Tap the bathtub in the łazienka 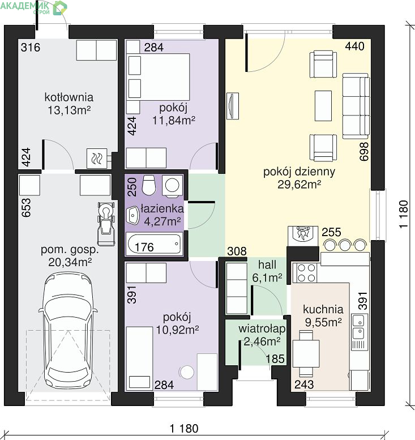[154, 244]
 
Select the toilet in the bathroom [149, 185]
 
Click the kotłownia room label [69, 97]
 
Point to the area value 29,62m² [299, 185]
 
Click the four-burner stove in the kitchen [306, 273]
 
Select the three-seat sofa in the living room [356, 106]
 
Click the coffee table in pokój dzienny [323, 106]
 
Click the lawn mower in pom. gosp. [106, 223]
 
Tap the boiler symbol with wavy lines [97, 158]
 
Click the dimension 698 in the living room [363, 152]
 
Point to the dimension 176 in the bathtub [144, 247]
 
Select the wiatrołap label [262, 328]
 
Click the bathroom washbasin [132, 216]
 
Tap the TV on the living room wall [232, 106]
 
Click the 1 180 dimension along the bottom [184, 429]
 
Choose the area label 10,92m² [177, 330]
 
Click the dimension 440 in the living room [354, 46]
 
